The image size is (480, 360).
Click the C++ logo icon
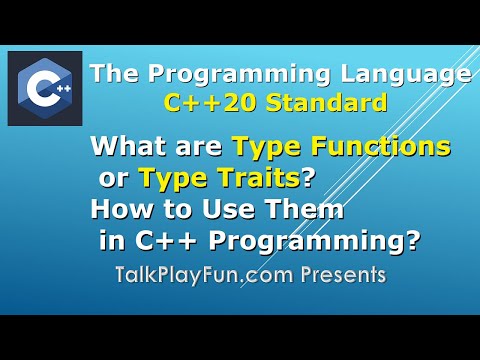click(45, 89)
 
